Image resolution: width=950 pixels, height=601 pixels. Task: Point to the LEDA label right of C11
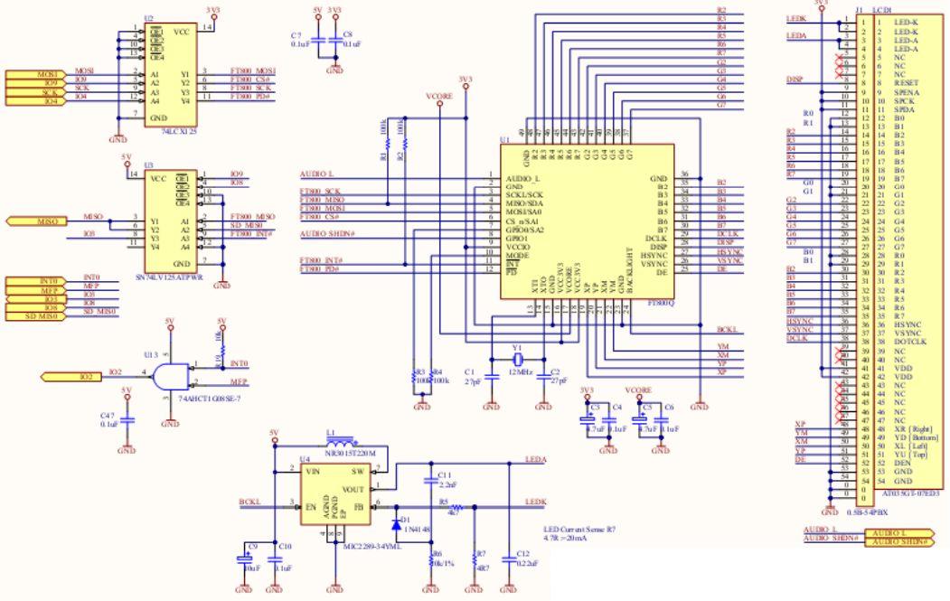[x=534, y=459]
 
